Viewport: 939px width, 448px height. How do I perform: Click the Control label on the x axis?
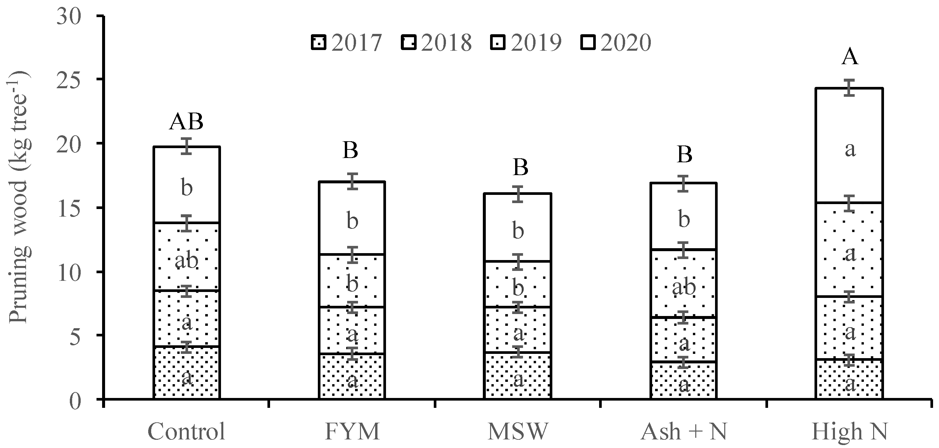(186, 432)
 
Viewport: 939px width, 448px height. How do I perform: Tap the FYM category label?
(352, 432)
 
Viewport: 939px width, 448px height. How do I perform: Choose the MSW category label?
(518, 432)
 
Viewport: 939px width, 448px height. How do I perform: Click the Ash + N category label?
(684, 432)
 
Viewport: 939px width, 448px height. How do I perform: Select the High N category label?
(849, 432)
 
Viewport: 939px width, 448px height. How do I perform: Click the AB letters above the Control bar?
(186, 122)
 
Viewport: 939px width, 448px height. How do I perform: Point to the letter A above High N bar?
(850, 57)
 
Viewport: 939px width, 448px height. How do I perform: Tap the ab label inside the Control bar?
(186, 261)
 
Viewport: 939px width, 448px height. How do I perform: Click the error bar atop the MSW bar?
(518, 194)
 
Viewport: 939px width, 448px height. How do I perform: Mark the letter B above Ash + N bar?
(684, 154)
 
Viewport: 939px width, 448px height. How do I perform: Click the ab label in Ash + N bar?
(684, 288)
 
